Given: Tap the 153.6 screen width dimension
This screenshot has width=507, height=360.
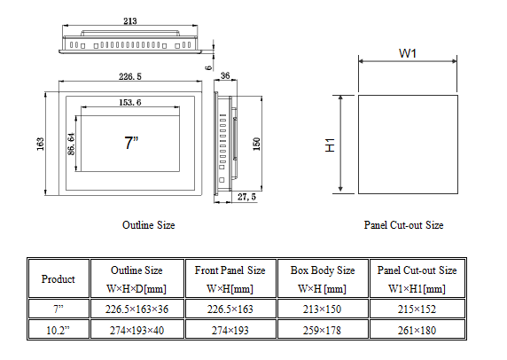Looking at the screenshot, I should click(x=129, y=104).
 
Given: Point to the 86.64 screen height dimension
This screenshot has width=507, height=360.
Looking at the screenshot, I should click(x=71, y=141).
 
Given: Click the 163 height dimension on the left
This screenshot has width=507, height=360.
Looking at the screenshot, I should click(x=41, y=145).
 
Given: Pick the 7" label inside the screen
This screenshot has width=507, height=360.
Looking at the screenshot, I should click(x=130, y=142).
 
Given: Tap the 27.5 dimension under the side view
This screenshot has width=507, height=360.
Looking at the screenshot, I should click(x=247, y=197).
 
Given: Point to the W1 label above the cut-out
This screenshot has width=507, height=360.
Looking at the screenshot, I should click(x=408, y=53).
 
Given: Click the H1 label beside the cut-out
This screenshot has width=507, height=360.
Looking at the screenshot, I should click(x=328, y=145).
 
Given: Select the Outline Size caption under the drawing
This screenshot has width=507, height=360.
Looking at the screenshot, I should click(x=148, y=225).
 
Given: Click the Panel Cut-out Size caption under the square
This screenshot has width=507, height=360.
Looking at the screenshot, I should click(x=403, y=225).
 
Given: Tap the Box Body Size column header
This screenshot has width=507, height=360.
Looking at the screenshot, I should click(x=322, y=270).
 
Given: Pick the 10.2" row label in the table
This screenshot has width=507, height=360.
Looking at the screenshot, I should click(x=58, y=331).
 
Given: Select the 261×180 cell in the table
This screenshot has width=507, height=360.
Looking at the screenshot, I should click(x=417, y=331).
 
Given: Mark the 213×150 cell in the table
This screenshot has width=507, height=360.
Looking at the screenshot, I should click(x=322, y=309).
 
